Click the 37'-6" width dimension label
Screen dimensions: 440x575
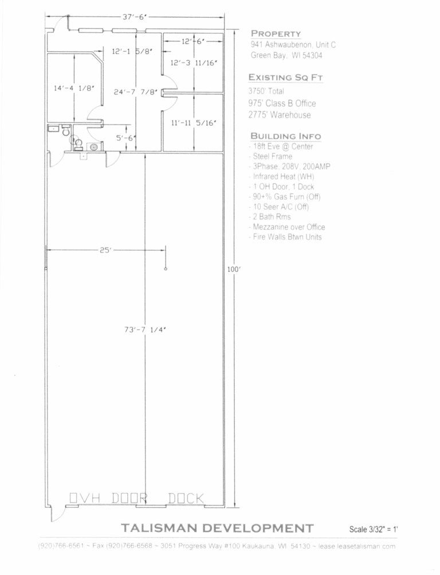pos(135,17)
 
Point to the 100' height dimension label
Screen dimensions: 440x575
pos(234,269)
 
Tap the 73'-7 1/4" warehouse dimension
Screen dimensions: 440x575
pos(145,329)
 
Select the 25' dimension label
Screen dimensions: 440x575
pos(105,250)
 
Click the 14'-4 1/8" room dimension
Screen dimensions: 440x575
pos(74,88)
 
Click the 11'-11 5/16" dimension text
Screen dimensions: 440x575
pos(194,123)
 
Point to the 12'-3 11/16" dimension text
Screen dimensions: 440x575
pos(194,63)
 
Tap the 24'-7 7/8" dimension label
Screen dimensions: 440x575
pos(135,92)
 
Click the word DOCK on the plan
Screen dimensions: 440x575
pos(186,498)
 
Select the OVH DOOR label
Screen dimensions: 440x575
pos(108,498)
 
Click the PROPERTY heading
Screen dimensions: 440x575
pos(276,34)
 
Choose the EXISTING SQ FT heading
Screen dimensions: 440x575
pos(285,77)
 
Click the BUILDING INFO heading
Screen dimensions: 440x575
pos(285,136)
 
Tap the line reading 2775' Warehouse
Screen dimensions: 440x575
pos(280,115)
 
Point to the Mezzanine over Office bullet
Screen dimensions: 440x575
pos(289,227)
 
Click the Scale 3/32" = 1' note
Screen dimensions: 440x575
pos(374,529)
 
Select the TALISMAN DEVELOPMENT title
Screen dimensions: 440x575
pos(218,528)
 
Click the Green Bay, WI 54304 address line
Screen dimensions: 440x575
pos(286,55)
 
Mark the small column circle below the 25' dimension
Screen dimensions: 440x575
pos(166,269)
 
